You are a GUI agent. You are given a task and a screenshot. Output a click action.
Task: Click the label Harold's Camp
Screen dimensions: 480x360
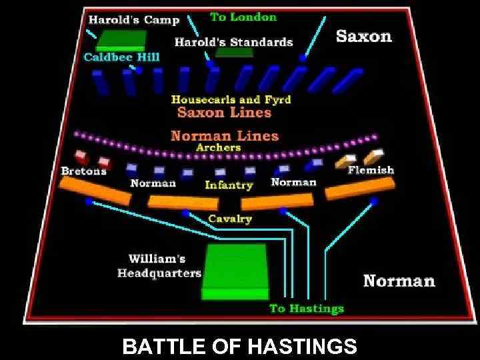click(133, 20)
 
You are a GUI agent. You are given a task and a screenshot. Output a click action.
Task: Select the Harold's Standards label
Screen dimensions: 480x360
click(233, 42)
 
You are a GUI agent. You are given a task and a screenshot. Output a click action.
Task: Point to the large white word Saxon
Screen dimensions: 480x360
click(363, 35)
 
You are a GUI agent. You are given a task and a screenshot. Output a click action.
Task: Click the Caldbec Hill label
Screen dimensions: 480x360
click(121, 57)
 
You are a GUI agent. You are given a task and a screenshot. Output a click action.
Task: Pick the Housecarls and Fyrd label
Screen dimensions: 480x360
click(231, 99)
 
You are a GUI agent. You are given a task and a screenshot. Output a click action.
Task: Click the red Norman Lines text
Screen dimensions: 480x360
click(225, 136)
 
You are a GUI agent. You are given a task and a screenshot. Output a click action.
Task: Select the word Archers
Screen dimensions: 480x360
click(218, 147)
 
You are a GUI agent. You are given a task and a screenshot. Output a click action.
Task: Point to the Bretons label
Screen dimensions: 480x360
click(83, 171)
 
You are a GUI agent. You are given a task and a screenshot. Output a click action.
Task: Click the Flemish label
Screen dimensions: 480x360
click(371, 170)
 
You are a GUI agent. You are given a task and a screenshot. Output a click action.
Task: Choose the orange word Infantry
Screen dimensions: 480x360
click(229, 185)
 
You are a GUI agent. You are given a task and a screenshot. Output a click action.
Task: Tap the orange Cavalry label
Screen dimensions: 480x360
click(230, 218)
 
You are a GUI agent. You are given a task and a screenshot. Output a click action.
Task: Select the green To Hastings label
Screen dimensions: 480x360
click(307, 308)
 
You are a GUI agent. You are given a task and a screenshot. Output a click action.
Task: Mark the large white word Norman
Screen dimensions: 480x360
click(399, 281)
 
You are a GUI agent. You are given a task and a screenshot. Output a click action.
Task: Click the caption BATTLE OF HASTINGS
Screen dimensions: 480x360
click(240, 347)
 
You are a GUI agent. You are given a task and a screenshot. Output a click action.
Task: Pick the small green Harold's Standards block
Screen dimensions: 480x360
click(233, 53)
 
